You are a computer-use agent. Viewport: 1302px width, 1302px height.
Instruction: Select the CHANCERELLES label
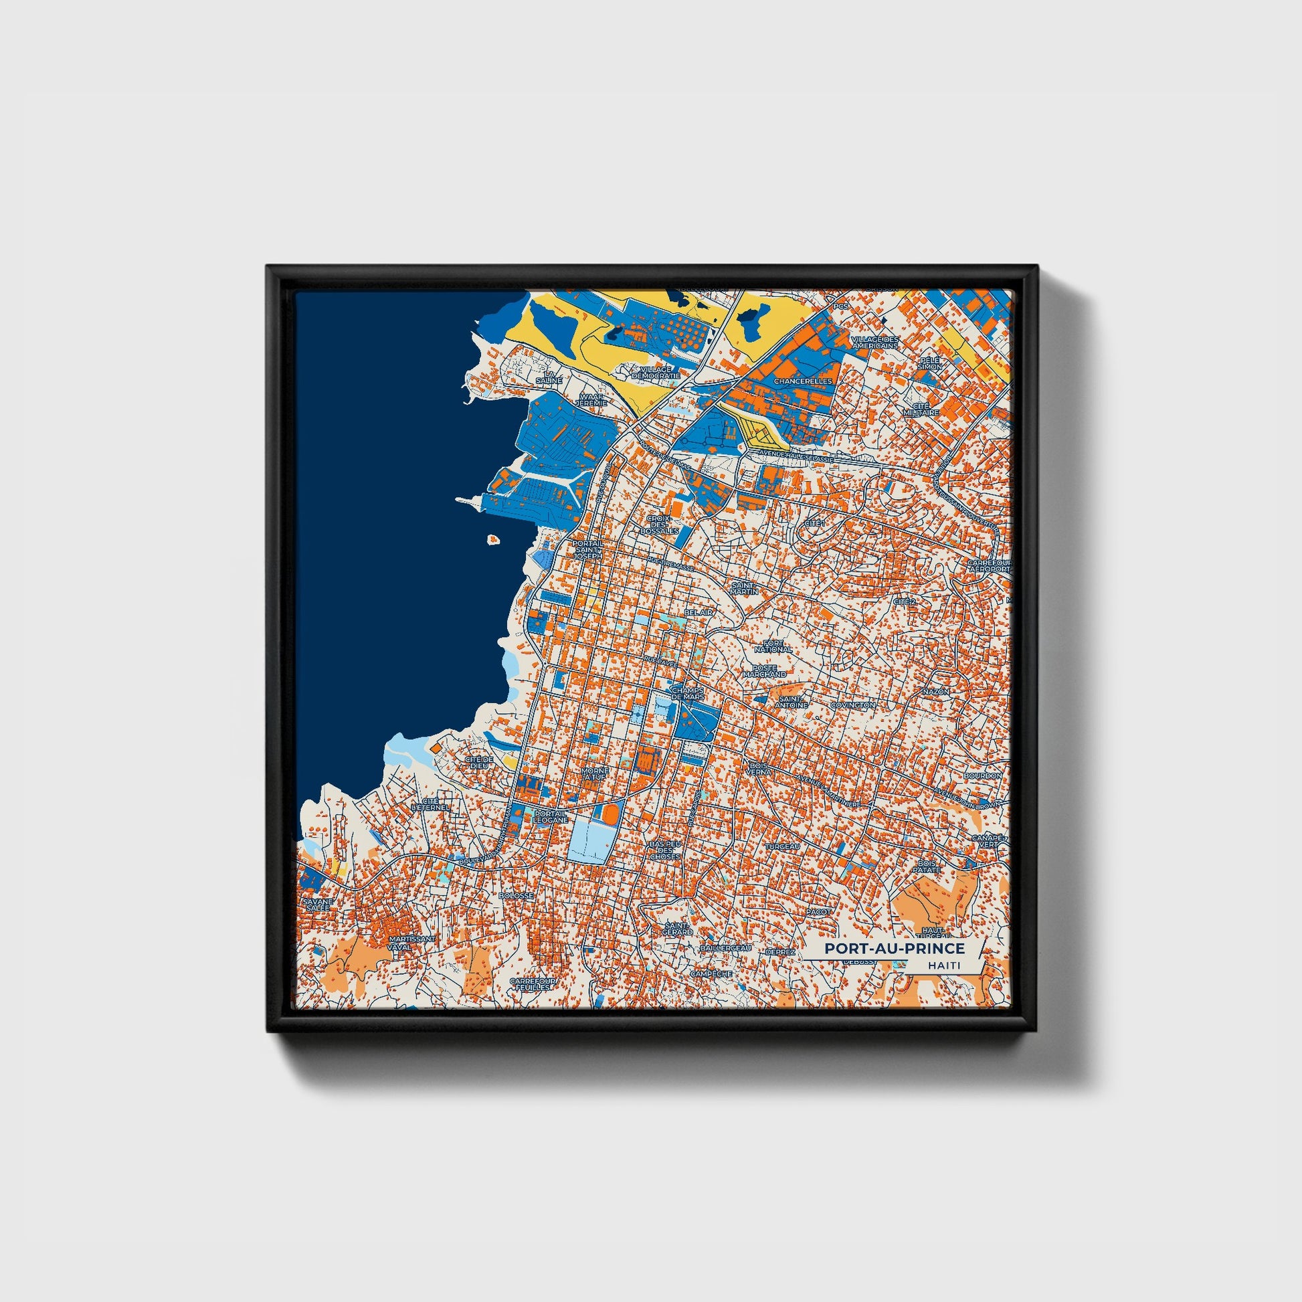point(804,381)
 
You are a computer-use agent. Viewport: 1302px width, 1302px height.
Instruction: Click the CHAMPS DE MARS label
point(687,694)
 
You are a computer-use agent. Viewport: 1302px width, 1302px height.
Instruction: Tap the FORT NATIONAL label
point(773,647)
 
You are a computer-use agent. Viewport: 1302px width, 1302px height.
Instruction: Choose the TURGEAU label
point(782,846)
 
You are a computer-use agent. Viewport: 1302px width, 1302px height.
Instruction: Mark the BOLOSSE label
point(517,896)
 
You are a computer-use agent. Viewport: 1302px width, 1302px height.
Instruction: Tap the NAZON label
point(935,691)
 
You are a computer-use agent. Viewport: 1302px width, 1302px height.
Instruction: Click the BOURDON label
point(983,775)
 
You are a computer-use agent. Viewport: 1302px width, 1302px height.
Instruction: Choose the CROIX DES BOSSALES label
point(660,525)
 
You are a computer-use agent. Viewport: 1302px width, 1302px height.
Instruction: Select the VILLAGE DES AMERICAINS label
point(874,342)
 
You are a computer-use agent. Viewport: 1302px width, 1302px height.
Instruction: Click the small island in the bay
point(494,539)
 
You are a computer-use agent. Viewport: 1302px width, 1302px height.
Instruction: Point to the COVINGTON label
point(852,705)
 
